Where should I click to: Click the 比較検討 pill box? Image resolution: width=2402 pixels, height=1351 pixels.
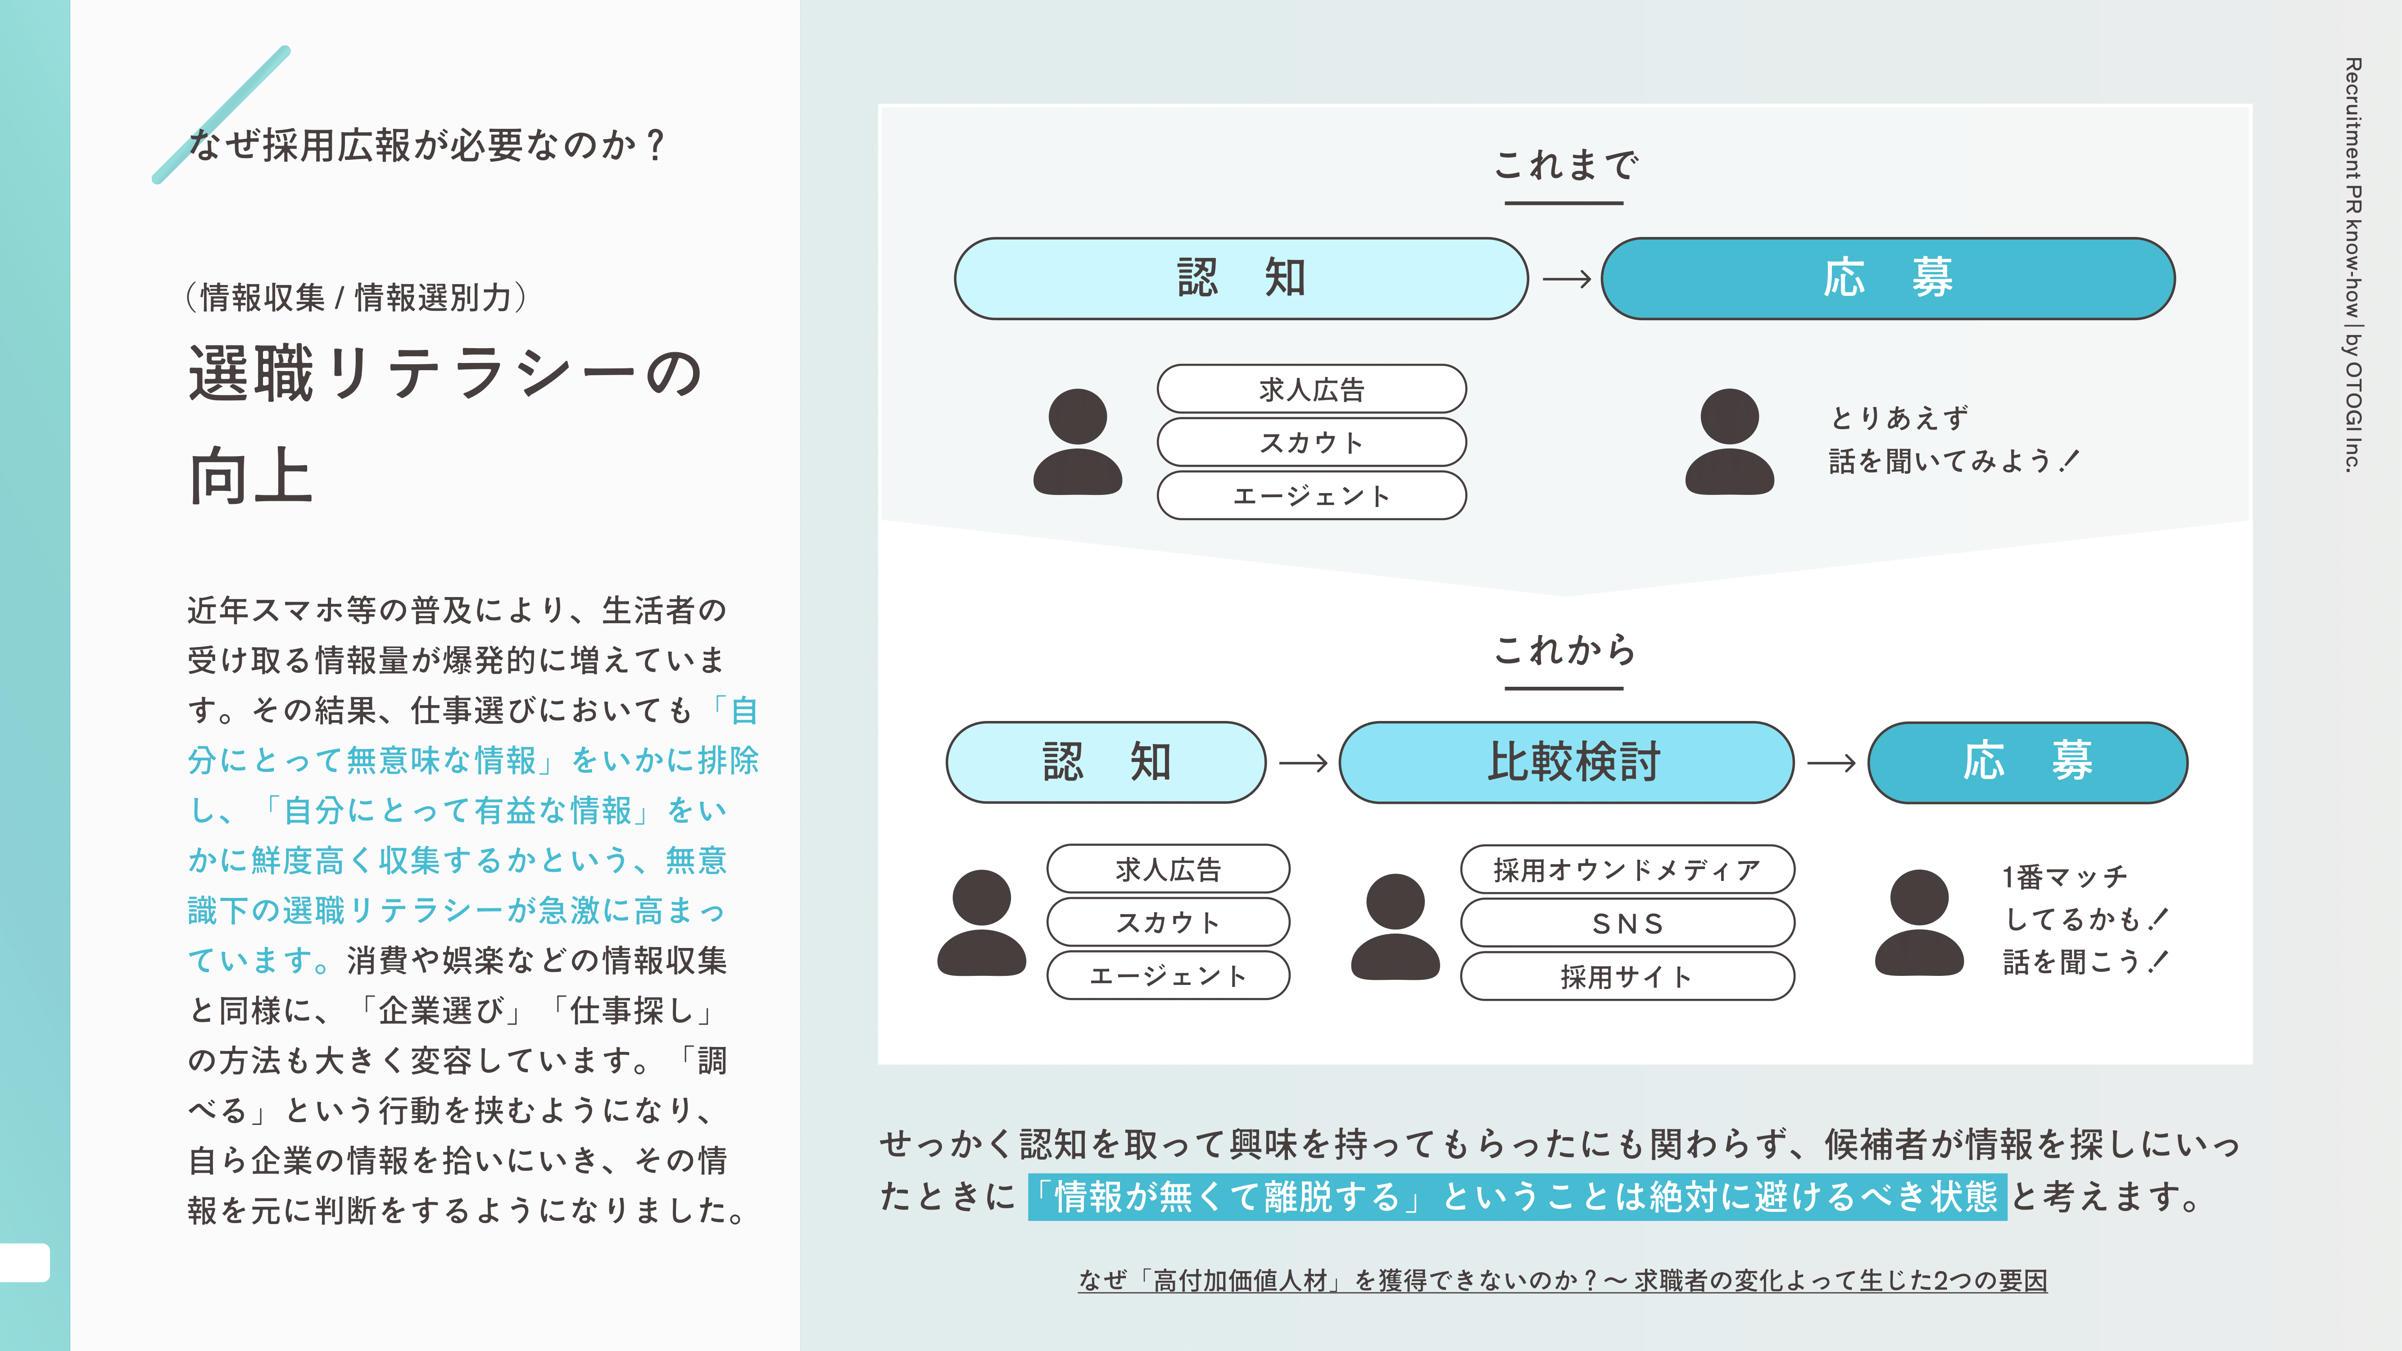1567,762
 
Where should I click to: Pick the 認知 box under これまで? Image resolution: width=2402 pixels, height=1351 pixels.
1241,278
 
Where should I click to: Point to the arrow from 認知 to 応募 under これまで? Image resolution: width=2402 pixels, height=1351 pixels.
1567,279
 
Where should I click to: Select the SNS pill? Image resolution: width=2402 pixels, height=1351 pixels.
1627,923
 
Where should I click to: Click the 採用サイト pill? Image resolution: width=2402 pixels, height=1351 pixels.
1627,976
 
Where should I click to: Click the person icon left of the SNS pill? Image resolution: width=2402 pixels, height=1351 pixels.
1395,926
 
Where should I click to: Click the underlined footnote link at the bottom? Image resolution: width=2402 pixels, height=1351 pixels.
1563,1280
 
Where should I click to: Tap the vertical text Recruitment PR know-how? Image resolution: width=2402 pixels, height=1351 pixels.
2352,186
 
